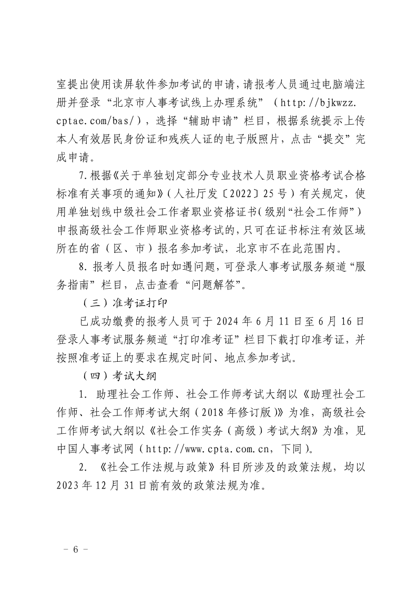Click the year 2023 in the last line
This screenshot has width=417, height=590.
click(72, 484)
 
